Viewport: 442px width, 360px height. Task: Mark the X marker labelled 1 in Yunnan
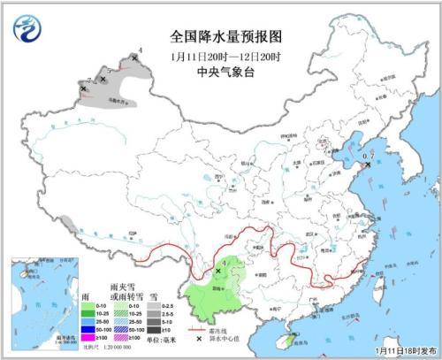219,272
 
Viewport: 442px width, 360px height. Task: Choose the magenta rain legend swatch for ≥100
88,337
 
